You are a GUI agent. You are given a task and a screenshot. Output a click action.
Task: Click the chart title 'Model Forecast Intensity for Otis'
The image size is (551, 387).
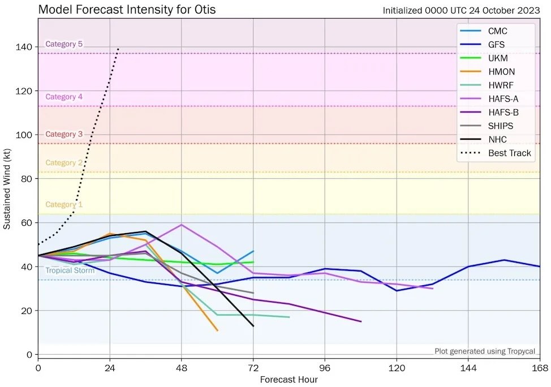[x=127, y=10]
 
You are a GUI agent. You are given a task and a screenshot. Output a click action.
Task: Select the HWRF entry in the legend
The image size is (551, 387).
[x=500, y=85]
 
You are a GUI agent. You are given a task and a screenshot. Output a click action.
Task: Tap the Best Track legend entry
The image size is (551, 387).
[x=510, y=153]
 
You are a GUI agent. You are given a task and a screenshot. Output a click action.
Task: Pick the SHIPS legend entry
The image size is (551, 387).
[x=500, y=126]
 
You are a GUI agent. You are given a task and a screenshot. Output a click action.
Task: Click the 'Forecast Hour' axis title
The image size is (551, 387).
[x=289, y=379]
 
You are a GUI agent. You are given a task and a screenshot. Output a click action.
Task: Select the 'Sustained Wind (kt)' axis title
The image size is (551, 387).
[x=7, y=186]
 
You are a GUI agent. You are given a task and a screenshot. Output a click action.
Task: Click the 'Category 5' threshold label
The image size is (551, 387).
[x=64, y=44]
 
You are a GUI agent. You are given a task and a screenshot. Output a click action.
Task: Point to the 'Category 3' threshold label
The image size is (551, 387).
[x=64, y=134]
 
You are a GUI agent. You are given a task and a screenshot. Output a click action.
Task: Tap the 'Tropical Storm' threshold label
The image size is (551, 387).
[x=70, y=270]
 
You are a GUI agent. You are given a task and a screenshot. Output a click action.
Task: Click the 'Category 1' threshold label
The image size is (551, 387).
[x=64, y=204]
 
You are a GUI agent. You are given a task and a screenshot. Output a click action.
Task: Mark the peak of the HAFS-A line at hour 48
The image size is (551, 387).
[x=182, y=225]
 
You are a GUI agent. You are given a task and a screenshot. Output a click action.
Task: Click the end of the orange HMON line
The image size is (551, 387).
[x=217, y=330]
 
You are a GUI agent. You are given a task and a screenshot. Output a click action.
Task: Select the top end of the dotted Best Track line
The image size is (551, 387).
[x=119, y=48]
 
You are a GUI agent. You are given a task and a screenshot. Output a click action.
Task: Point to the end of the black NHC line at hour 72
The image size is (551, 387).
[x=253, y=326]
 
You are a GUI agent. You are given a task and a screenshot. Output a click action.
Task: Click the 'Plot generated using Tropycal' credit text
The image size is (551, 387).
[x=487, y=351]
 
